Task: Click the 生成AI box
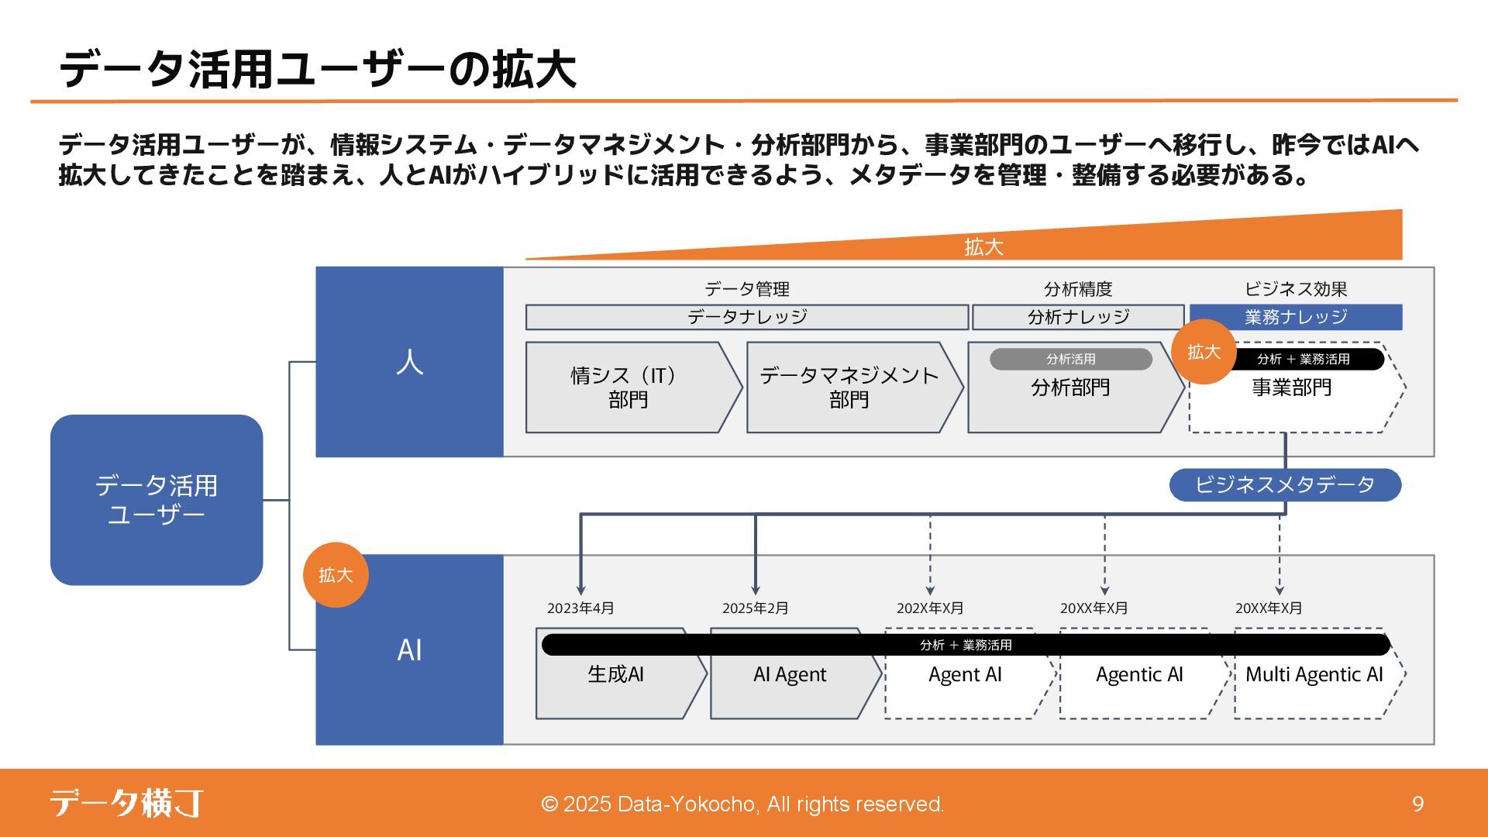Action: pos(616,682)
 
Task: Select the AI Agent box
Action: pos(790,682)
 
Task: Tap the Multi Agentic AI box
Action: pos(1314,682)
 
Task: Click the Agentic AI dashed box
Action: pos(1139,682)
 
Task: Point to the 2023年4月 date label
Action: pos(580,608)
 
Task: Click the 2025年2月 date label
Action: pos(755,608)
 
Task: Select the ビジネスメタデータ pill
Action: pos(1285,485)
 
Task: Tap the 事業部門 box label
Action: pos(1292,387)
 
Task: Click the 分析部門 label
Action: pos(1070,387)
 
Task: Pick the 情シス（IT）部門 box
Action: pos(628,387)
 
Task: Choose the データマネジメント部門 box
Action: pos(849,387)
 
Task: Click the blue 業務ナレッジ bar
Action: pos(1296,317)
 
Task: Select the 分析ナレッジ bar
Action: pos(1078,317)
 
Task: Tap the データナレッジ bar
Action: pos(747,317)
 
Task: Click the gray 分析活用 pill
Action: pos(1071,360)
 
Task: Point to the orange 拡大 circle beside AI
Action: pos(336,575)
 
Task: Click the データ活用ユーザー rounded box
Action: pos(157,500)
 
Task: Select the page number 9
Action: pos(1417,804)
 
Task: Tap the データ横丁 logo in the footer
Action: pos(127,803)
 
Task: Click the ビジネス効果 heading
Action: pos(1296,289)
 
